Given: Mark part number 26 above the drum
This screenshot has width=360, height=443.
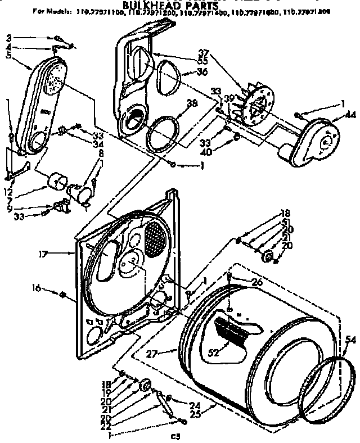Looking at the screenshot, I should click(x=256, y=283).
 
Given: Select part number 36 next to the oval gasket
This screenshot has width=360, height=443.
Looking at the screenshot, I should click(x=202, y=71).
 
